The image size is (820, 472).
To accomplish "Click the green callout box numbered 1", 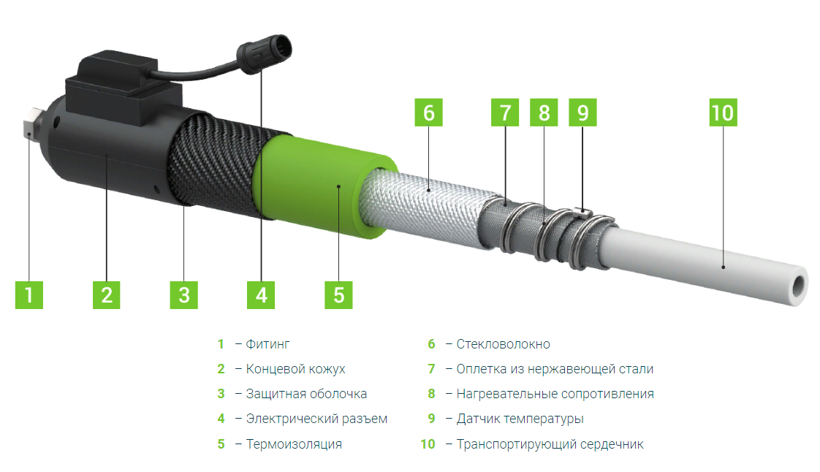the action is [x=29, y=294].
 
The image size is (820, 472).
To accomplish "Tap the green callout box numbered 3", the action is [x=183, y=294].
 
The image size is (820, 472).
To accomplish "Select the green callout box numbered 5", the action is [x=338, y=294].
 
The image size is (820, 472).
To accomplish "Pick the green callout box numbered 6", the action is [x=428, y=113].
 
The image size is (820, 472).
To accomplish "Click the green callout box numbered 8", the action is [x=544, y=113].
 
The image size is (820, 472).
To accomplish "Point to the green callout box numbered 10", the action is [x=724, y=113].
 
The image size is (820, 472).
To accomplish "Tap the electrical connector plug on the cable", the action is [x=265, y=53].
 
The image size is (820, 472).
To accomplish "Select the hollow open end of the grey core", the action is [x=799, y=286].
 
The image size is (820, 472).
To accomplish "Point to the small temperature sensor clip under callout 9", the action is [x=582, y=212].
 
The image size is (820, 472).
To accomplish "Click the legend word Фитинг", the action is [x=267, y=344].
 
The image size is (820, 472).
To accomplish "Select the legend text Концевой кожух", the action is [x=295, y=369].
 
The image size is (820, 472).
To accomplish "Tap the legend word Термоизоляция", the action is [x=294, y=444].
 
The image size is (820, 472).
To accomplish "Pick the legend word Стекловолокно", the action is [x=503, y=344].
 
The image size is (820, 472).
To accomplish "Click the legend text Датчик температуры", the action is [x=520, y=419].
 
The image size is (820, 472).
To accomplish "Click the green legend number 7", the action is [x=431, y=369].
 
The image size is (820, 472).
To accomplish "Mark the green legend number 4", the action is [x=221, y=419].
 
